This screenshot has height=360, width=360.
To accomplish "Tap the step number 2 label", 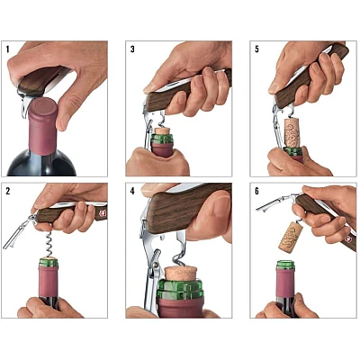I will [9, 193].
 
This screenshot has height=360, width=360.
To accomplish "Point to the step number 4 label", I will [133, 193].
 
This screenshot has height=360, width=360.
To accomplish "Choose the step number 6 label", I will [257, 193].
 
